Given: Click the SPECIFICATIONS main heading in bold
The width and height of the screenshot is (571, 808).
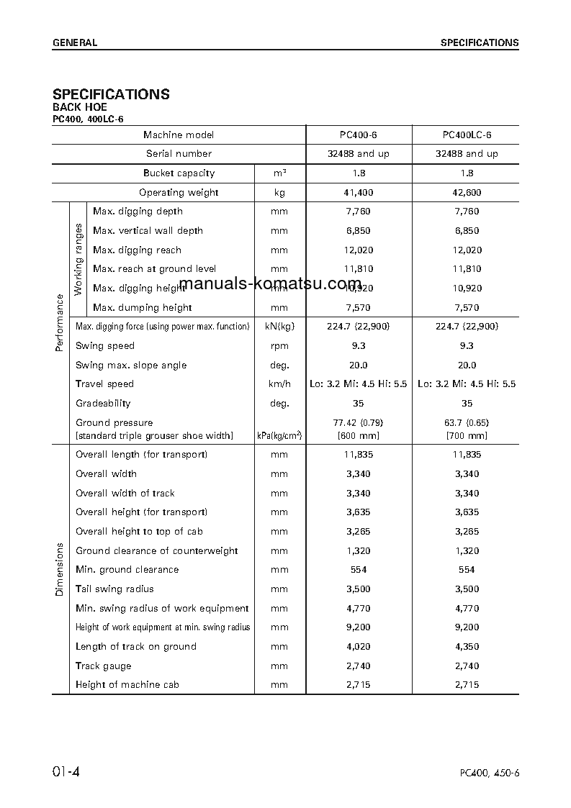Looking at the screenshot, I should (x=111, y=94).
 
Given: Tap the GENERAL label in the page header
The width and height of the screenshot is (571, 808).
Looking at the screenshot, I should (x=74, y=43).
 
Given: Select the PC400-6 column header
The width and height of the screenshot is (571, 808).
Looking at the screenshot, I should (x=359, y=135).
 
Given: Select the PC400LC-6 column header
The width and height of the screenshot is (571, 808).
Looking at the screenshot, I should (x=467, y=135).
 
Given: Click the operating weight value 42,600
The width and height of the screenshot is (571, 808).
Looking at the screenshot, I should (x=467, y=192).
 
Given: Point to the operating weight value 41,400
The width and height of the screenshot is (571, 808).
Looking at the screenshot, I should (x=359, y=192).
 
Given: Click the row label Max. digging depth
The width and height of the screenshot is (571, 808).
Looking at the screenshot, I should (x=138, y=212).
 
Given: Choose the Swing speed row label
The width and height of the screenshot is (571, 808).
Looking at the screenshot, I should (x=105, y=346).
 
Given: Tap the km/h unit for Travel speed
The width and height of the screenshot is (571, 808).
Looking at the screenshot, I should (x=279, y=384).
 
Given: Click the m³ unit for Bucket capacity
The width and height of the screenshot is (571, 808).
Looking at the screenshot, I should (x=279, y=173).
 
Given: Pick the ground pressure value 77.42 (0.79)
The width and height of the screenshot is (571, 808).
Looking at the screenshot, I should (x=359, y=422).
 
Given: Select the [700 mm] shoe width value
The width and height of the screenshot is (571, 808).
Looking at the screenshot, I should (x=467, y=435).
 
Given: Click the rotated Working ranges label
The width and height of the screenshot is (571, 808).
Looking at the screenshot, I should (x=78, y=259).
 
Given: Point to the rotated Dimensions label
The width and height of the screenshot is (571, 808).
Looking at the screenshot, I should (x=60, y=570).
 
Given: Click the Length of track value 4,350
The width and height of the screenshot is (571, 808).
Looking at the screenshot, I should (x=467, y=647).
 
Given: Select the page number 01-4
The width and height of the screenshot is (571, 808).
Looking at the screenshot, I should (x=66, y=772).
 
